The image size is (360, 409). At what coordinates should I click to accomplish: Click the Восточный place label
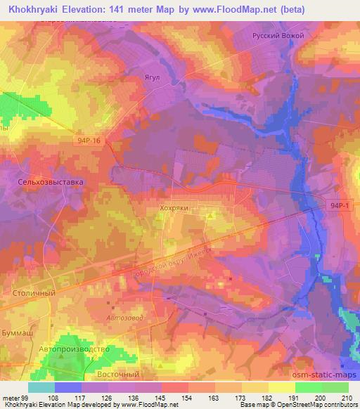[x=117, y=375]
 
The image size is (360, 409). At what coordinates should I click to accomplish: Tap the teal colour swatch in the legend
[x=41, y=387]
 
